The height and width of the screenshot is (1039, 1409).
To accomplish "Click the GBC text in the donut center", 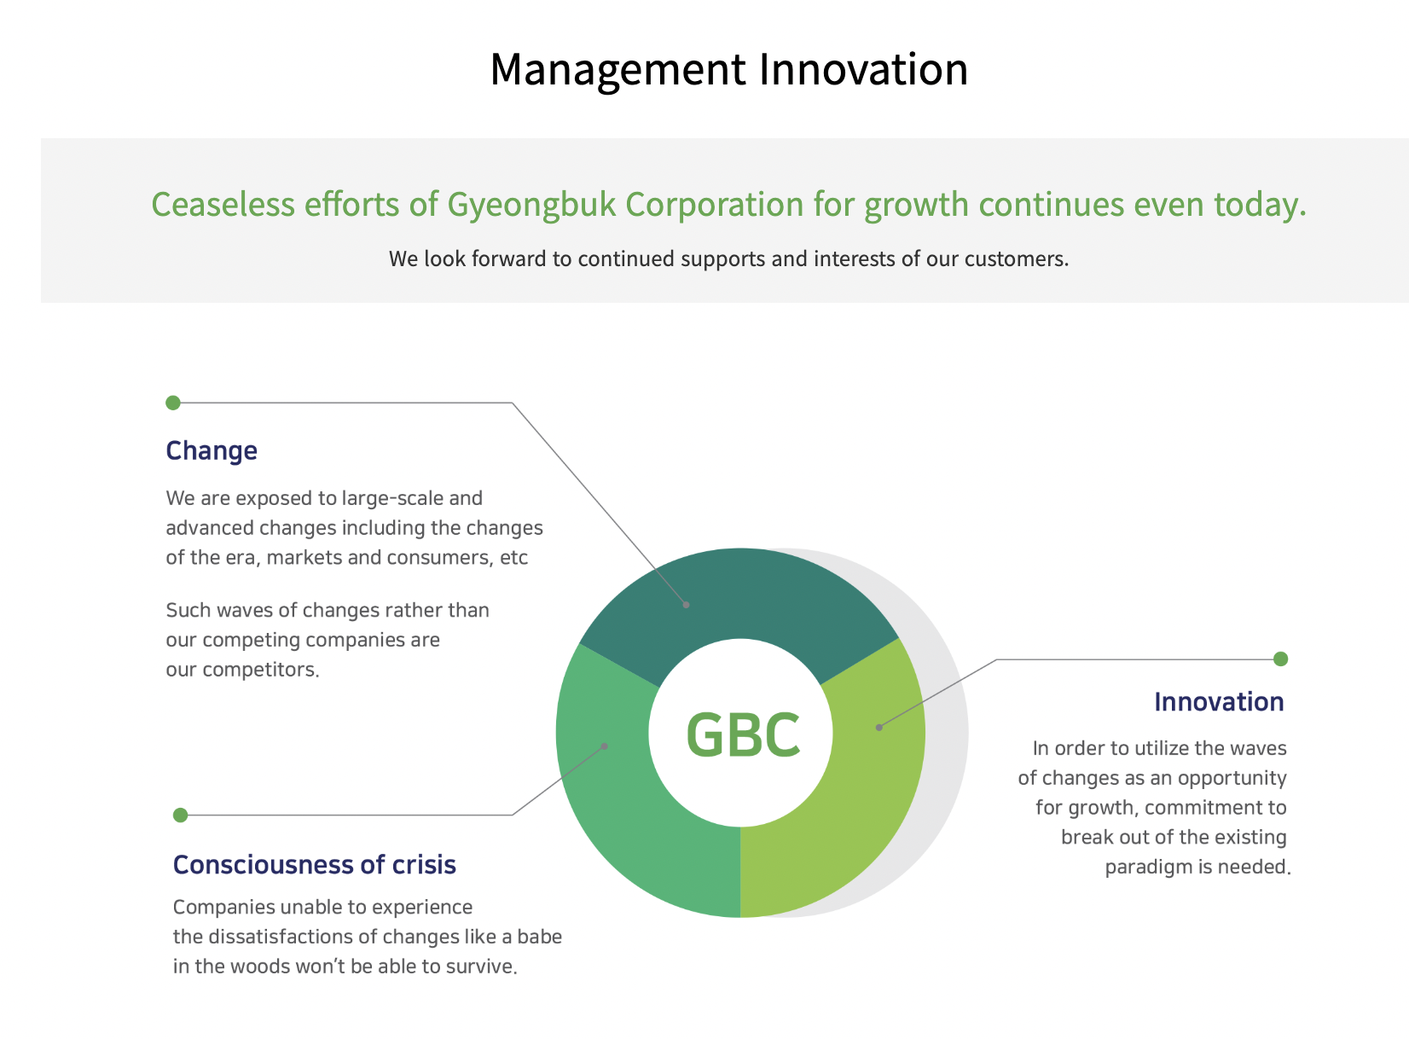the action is click(743, 734).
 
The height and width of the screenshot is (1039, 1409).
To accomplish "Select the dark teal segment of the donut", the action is click(740, 591).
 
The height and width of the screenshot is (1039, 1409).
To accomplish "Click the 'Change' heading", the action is click(212, 451).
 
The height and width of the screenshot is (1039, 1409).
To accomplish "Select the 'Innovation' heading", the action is click(1219, 702).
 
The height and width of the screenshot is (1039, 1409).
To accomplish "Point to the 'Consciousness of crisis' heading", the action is click(315, 865).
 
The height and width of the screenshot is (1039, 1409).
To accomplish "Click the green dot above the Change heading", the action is click(173, 403).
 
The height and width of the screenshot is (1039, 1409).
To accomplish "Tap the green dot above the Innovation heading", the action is click(1281, 659).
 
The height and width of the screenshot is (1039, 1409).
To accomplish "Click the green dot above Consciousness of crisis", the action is click(181, 816).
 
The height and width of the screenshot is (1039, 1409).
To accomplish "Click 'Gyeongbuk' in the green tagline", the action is click(531, 205).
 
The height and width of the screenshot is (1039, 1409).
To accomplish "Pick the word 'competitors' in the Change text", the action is click(261, 670).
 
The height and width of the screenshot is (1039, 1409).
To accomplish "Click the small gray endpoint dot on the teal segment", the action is click(687, 605).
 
